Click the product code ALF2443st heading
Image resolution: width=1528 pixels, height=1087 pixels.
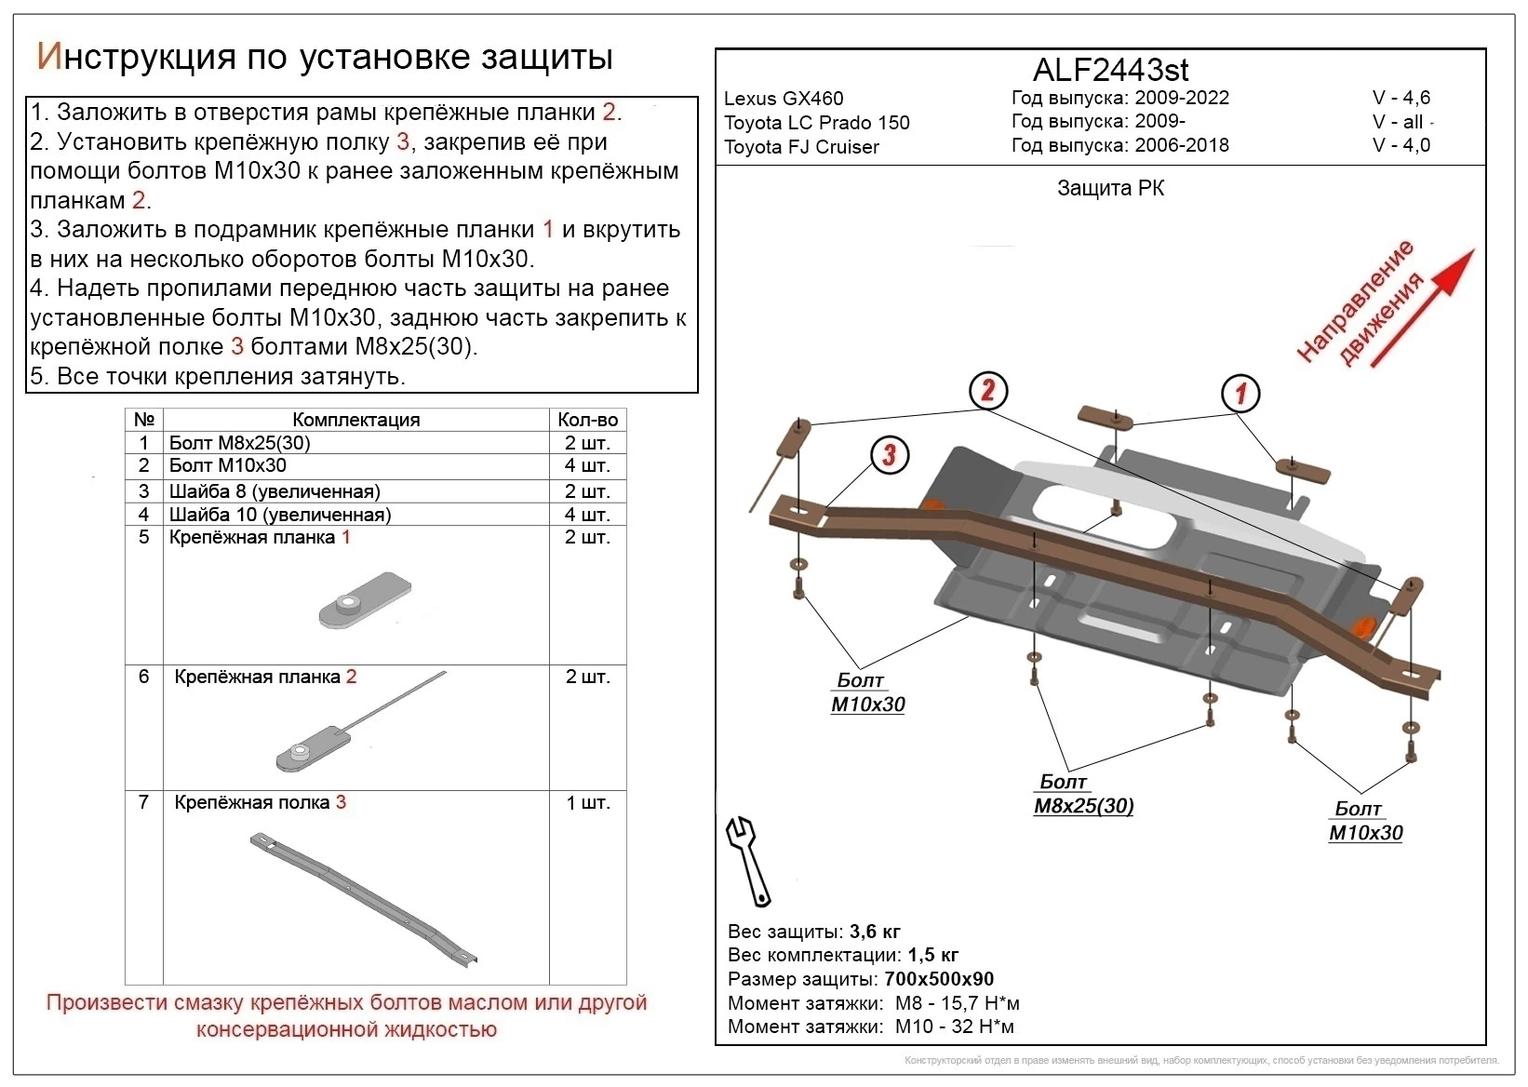1110,70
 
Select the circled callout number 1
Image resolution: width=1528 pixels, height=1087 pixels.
1240,393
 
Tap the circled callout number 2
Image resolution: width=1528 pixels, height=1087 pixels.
987,390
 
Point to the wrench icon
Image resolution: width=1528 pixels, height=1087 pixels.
749,861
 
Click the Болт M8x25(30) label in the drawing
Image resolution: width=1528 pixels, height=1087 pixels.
1083,794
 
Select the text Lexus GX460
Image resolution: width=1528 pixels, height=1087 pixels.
784,99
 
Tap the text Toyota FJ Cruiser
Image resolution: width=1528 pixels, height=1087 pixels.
801,147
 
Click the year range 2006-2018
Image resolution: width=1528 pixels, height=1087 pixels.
1181,145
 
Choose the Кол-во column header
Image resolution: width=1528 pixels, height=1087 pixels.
587,420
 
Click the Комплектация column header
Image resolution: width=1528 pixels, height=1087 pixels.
355,420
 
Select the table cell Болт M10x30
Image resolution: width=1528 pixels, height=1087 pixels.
227,465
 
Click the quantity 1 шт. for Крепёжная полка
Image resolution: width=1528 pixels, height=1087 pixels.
587,802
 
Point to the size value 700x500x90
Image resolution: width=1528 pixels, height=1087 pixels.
937,979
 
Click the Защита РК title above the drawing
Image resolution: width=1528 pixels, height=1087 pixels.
1110,189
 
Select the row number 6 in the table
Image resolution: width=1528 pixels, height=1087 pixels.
143,677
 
